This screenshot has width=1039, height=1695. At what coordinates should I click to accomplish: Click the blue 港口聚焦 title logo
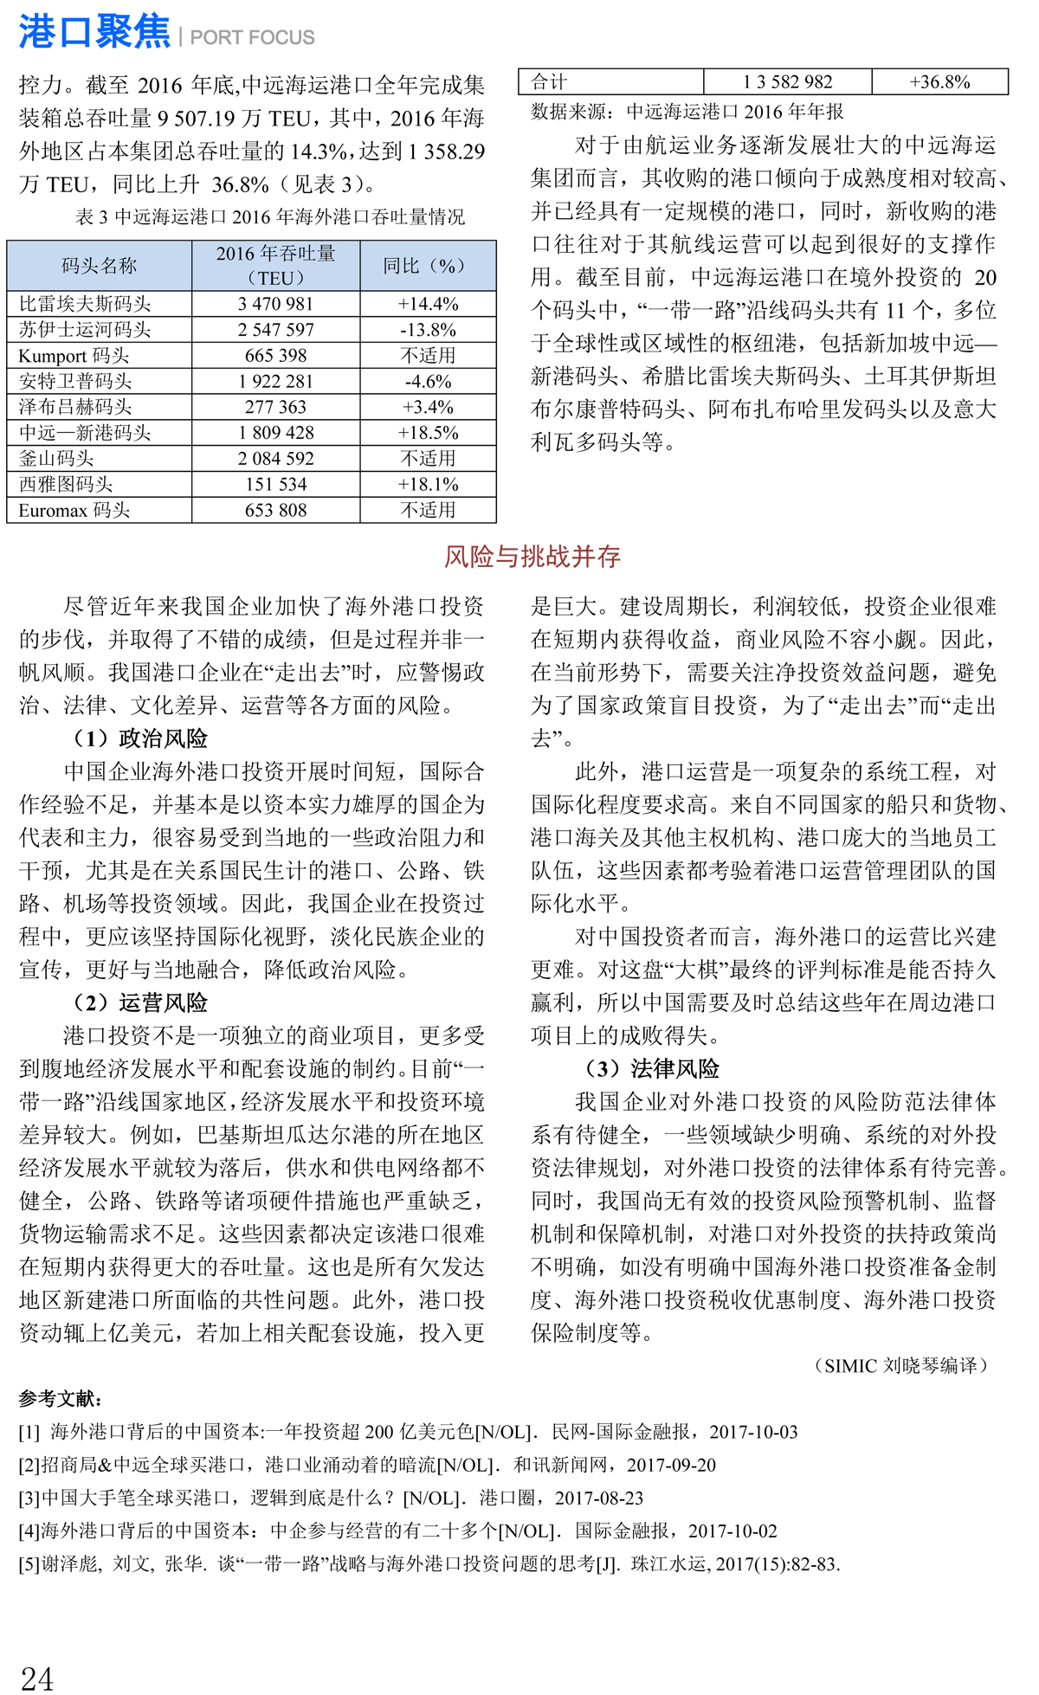(x=94, y=33)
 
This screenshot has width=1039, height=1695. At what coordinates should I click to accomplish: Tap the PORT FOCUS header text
(x=252, y=37)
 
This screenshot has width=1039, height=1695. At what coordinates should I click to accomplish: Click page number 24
(x=36, y=1678)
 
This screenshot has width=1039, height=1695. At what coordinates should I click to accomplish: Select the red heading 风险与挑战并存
(x=532, y=557)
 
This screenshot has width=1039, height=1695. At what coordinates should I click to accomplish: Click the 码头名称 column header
(x=99, y=266)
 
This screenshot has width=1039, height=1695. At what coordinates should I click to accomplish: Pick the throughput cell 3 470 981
(x=275, y=304)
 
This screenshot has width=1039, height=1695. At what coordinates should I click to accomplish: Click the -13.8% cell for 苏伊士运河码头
(x=428, y=330)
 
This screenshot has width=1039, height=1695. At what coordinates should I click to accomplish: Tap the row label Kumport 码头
(x=74, y=356)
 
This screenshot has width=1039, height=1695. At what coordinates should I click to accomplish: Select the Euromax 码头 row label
(x=74, y=510)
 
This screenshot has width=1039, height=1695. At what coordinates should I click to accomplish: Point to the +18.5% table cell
(x=428, y=433)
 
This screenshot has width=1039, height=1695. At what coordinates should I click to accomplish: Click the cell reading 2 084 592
(x=275, y=459)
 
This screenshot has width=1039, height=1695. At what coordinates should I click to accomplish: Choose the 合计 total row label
(x=549, y=82)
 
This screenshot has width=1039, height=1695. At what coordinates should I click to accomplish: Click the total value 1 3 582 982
(x=787, y=82)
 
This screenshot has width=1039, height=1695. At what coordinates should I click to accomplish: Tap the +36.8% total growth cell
(x=939, y=82)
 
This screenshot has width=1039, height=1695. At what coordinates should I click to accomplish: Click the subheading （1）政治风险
(x=140, y=738)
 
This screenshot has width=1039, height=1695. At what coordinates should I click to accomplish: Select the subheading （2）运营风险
(x=140, y=1002)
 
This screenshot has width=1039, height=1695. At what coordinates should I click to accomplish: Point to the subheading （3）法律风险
(x=652, y=1068)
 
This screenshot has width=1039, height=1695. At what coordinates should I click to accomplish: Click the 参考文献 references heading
(x=61, y=1398)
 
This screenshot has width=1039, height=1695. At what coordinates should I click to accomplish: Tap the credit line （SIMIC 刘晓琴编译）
(x=900, y=1365)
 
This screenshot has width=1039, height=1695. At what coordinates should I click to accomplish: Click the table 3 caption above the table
(x=270, y=216)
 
